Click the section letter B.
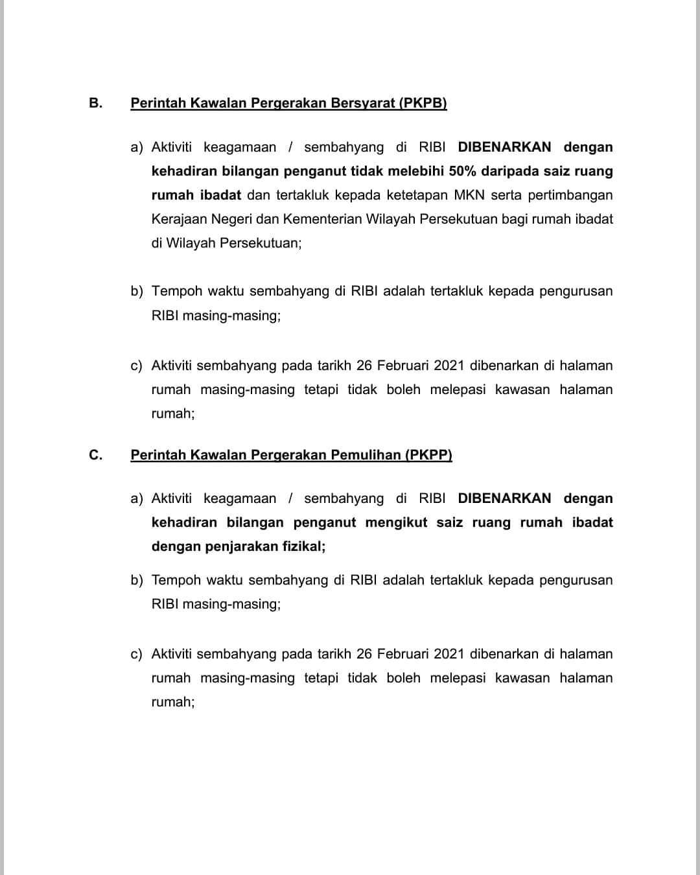click(x=95, y=103)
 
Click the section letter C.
click(x=95, y=455)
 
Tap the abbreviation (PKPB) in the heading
click(x=423, y=103)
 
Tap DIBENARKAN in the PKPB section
click(x=504, y=147)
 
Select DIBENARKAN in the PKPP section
click(x=504, y=498)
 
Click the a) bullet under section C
click(x=136, y=498)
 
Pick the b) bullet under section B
click(x=136, y=292)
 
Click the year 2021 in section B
click(x=449, y=366)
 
